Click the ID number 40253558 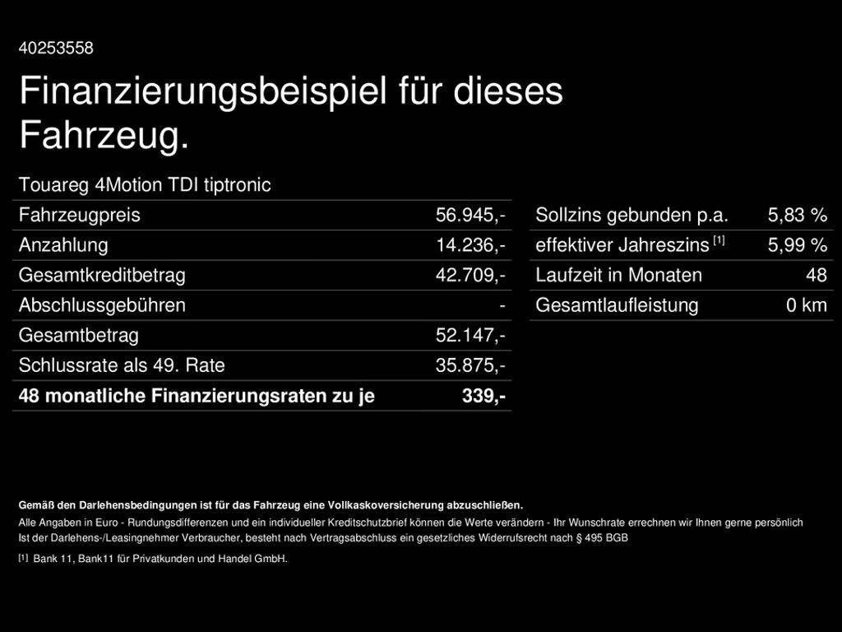point(56,49)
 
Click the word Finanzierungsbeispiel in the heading point(202,91)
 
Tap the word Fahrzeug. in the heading point(104,136)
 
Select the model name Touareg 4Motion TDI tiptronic point(145,185)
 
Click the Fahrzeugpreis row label point(79,216)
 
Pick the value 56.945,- point(470,216)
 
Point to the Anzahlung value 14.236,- point(470,245)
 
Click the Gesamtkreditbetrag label point(102,275)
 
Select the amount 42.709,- point(470,275)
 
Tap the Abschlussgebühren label point(102,305)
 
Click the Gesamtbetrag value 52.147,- point(470,336)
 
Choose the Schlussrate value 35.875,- point(470,365)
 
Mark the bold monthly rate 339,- point(483,396)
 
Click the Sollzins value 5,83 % point(797,216)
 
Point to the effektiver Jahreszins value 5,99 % point(797,245)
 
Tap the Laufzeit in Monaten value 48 point(816,275)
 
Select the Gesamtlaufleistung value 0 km point(806,305)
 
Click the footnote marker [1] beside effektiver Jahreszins point(719,240)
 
